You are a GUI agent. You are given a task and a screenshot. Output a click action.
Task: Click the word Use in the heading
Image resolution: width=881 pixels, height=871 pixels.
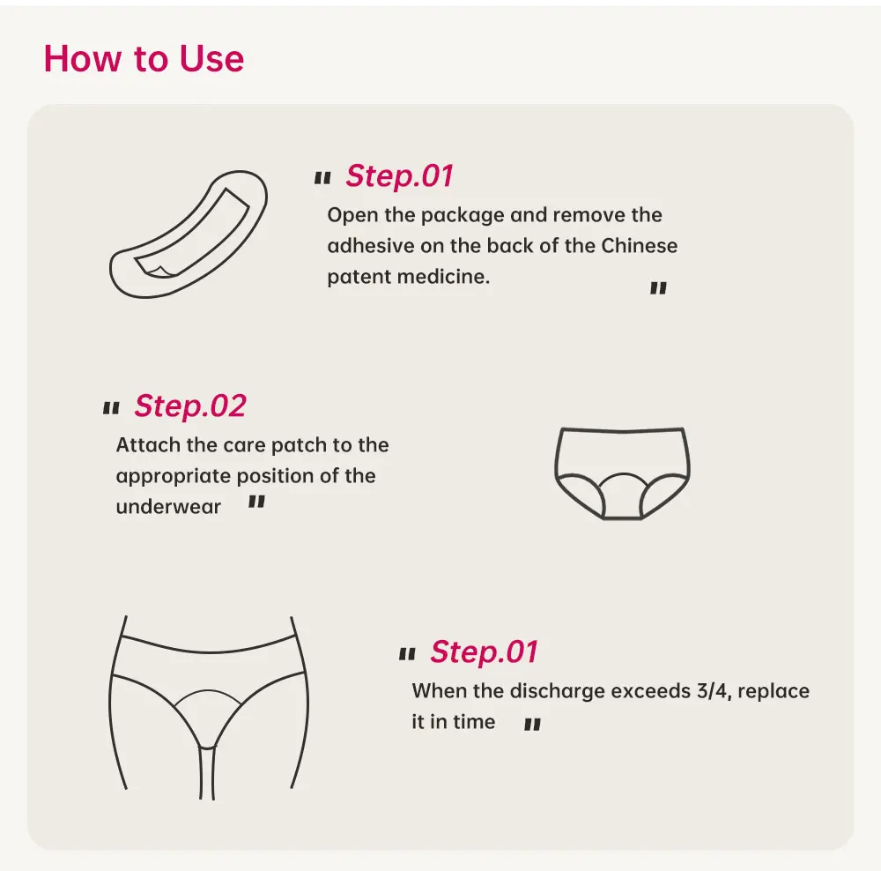211,58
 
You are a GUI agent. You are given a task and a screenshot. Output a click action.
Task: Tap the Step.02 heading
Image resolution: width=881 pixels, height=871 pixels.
190,406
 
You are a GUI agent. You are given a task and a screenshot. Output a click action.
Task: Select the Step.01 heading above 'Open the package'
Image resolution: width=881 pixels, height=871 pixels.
399,175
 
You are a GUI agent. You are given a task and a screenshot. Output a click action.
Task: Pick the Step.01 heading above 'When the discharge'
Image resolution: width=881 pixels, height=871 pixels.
485,651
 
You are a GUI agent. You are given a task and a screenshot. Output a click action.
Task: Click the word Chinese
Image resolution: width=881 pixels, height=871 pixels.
640,246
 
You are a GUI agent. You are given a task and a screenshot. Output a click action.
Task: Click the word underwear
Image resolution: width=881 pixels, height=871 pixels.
168,507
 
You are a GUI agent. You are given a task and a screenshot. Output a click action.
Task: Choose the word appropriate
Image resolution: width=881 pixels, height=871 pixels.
174,476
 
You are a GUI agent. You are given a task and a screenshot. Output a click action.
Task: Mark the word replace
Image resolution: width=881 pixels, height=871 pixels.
774,690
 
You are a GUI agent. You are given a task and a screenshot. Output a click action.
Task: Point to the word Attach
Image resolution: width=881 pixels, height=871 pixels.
148,445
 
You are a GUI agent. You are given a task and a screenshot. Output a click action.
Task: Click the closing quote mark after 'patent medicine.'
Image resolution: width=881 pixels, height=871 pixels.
658,288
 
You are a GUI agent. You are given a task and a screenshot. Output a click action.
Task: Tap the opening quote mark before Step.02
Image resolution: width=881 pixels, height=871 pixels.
111,407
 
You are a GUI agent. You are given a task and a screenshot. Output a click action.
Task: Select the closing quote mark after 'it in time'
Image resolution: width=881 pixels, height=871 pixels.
532,725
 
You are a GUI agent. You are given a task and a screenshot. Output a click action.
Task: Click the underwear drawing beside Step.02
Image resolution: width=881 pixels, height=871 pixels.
623,473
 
